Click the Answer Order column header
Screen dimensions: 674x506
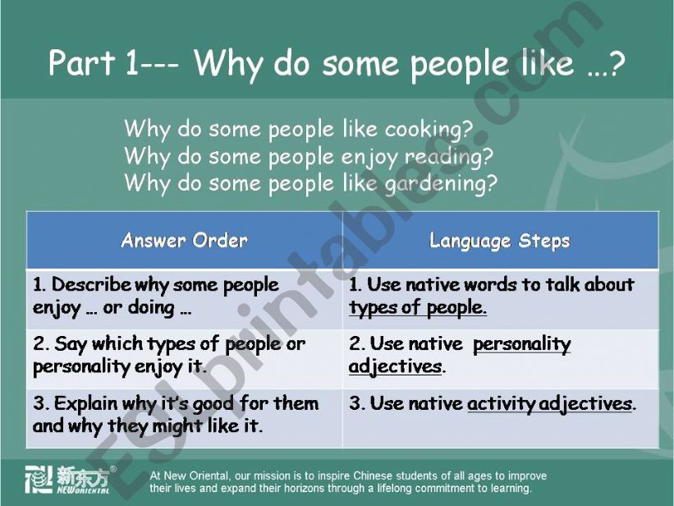(x=185, y=240)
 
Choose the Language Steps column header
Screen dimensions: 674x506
(x=499, y=241)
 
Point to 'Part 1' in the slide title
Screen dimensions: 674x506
(x=94, y=63)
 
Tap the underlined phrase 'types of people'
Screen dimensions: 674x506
(x=417, y=308)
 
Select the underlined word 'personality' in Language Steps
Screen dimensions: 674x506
(x=522, y=344)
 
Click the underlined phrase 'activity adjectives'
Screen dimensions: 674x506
(x=549, y=404)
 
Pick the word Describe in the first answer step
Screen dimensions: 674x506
(x=91, y=284)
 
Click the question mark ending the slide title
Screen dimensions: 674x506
(x=617, y=63)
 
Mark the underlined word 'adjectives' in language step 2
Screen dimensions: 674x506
(x=395, y=367)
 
